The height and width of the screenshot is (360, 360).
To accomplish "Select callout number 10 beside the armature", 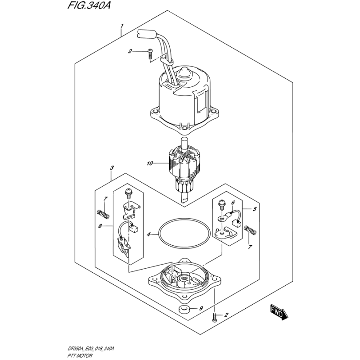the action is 150,163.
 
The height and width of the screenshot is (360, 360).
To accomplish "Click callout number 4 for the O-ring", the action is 149,234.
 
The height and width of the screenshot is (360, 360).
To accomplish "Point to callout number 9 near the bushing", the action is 201,308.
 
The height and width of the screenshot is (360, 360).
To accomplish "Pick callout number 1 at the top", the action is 122,26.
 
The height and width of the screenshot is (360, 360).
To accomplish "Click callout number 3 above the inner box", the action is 112,168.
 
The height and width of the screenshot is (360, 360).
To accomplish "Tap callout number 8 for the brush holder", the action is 100,226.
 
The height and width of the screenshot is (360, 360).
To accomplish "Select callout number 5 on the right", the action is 255,209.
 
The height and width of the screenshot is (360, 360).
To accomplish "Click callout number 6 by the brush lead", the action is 233,202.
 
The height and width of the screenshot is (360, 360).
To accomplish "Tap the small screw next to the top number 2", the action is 150,53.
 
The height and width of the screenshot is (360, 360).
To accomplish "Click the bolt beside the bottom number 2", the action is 215,318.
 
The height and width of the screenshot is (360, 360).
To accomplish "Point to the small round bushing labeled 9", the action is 184,309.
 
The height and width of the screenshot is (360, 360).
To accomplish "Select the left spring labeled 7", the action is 103,215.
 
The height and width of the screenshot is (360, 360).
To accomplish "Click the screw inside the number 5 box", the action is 221,204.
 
